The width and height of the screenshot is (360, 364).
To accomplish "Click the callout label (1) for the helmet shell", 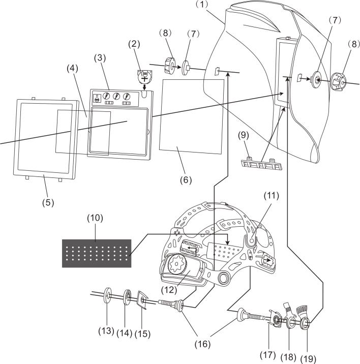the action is coord(202,5).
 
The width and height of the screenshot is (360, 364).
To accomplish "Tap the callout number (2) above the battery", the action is coord(134,44).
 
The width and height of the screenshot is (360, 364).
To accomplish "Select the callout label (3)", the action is coord(100,58).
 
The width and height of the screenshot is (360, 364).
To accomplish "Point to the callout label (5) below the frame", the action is coord(48,202).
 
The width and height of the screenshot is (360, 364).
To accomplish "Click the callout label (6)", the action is coord(186,180).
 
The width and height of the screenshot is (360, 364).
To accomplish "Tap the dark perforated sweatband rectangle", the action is coord(97,253).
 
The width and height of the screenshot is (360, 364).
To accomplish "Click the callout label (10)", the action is coord(95,218).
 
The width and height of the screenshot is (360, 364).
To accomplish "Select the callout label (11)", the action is coord(271,195).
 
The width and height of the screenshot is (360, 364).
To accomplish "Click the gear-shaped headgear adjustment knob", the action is coord(177,264).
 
